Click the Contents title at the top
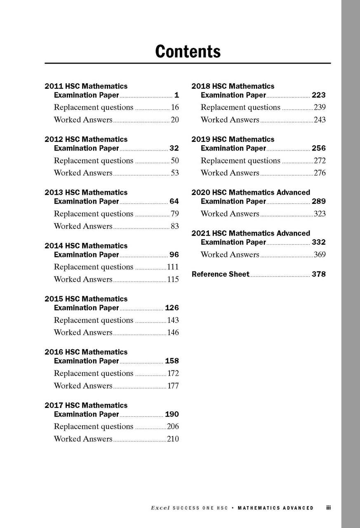(188, 52)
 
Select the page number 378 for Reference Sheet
(318, 274)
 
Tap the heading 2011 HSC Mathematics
(86, 86)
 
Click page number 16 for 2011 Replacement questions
(175, 108)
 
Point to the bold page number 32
(174, 148)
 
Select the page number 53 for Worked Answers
(175, 173)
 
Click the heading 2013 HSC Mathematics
(86, 193)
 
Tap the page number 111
(173, 267)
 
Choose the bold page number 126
(172, 308)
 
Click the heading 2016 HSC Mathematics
(86, 352)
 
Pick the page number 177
(173, 386)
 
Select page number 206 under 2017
(173, 427)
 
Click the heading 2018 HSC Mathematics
(233, 86)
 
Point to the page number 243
(320, 120)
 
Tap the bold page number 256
(318, 148)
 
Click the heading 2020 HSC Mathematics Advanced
(251, 193)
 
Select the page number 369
(320, 255)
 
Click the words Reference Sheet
(221, 274)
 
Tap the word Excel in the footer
(160, 508)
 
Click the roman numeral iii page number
(328, 508)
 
